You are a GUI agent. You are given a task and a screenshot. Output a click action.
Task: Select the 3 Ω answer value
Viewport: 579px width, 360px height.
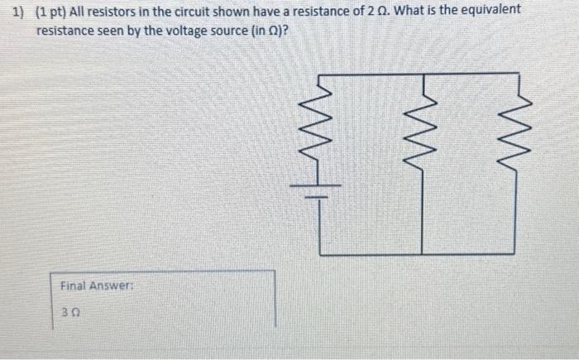[x=69, y=312]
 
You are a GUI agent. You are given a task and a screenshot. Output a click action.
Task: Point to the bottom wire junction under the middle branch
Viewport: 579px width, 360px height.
[x=423, y=254]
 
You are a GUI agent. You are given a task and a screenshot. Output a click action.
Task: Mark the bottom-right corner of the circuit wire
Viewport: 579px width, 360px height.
[x=520, y=254]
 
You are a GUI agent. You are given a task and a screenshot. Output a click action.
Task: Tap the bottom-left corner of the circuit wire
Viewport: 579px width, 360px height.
[x=321, y=254]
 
